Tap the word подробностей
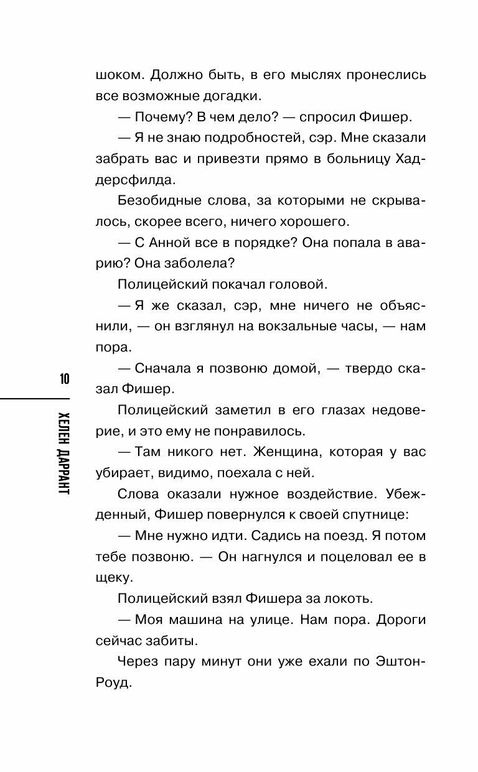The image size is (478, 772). (x=235, y=139)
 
